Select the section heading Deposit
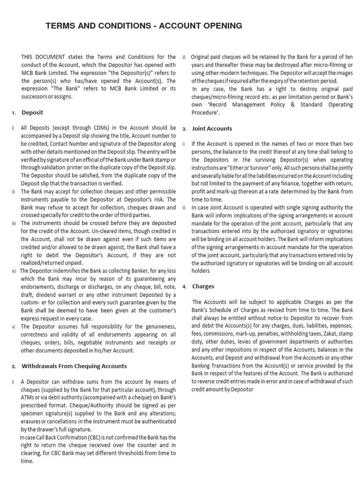tap(32, 112)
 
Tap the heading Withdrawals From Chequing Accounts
tap(74, 366)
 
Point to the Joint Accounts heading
tap(212, 128)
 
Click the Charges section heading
tap(203, 286)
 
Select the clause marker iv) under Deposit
tap(14, 271)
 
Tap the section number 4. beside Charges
tap(185, 287)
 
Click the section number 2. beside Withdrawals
tap(14, 367)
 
